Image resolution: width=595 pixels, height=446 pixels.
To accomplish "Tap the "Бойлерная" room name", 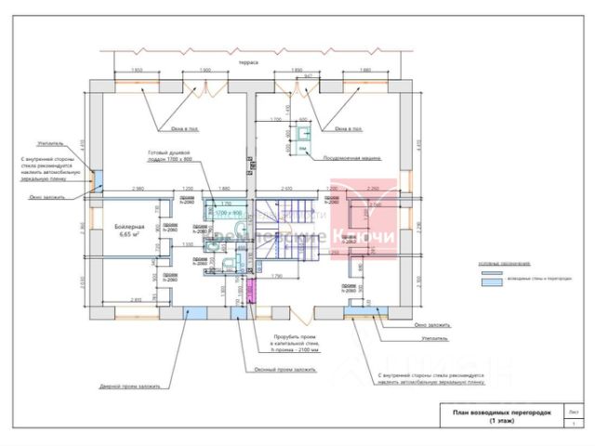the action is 129,227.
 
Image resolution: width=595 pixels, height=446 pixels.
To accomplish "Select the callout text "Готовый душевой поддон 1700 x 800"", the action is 168,156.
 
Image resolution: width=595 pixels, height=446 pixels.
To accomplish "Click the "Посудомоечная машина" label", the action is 353,159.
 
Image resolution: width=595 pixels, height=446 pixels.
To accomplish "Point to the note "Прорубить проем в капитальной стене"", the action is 295,342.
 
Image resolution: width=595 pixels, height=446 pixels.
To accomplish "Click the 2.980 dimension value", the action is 138,189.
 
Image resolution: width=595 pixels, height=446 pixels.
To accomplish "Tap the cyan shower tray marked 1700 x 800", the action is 227,213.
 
